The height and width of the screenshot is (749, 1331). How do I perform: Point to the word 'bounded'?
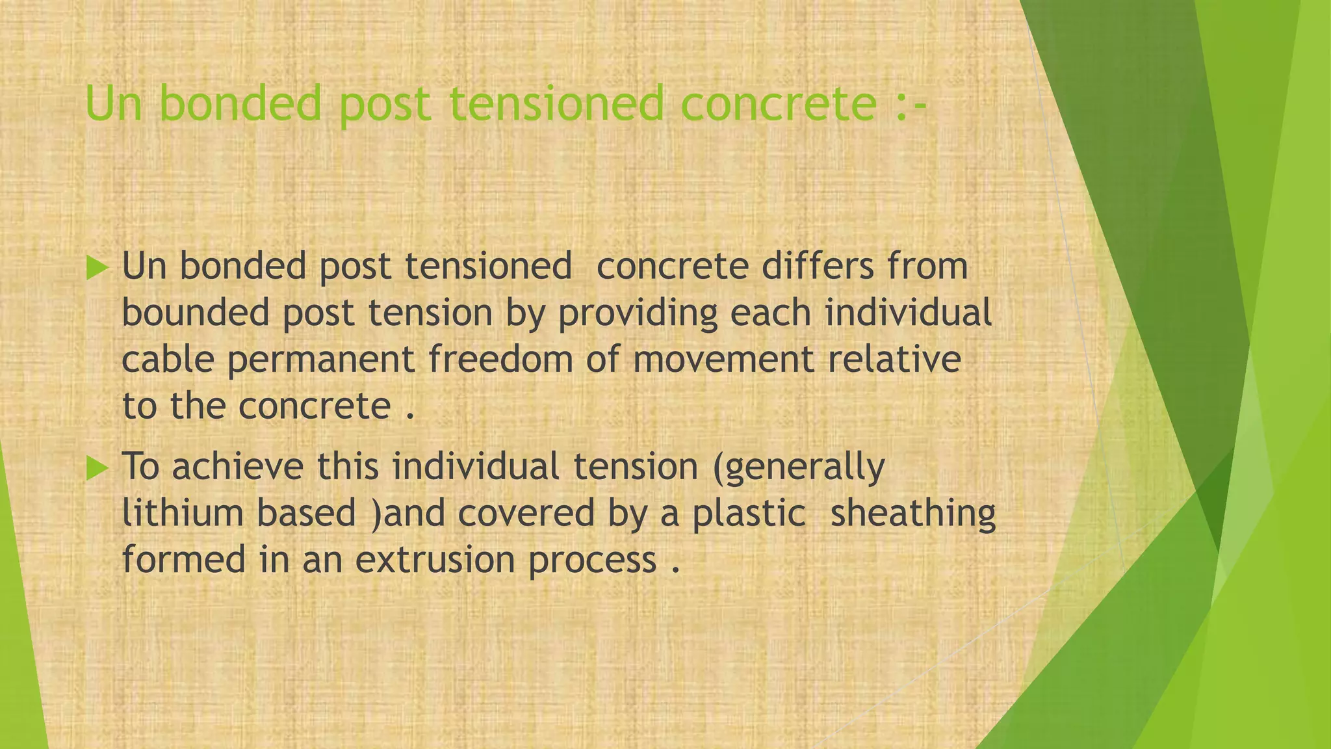pyautogui.click(x=195, y=313)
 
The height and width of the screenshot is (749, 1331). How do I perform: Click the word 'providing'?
pyautogui.click(x=637, y=314)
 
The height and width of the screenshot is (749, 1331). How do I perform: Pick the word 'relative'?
pyautogui.click(x=895, y=360)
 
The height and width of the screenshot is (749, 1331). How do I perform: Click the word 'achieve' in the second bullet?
pyautogui.click(x=237, y=467)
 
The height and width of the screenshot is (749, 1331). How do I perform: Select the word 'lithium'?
pyautogui.click(x=182, y=512)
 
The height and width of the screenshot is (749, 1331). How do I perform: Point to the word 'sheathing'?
pyautogui.click(x=913, y=514)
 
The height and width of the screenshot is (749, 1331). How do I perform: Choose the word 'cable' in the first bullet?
pyautogui.click(x=168, y=360)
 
